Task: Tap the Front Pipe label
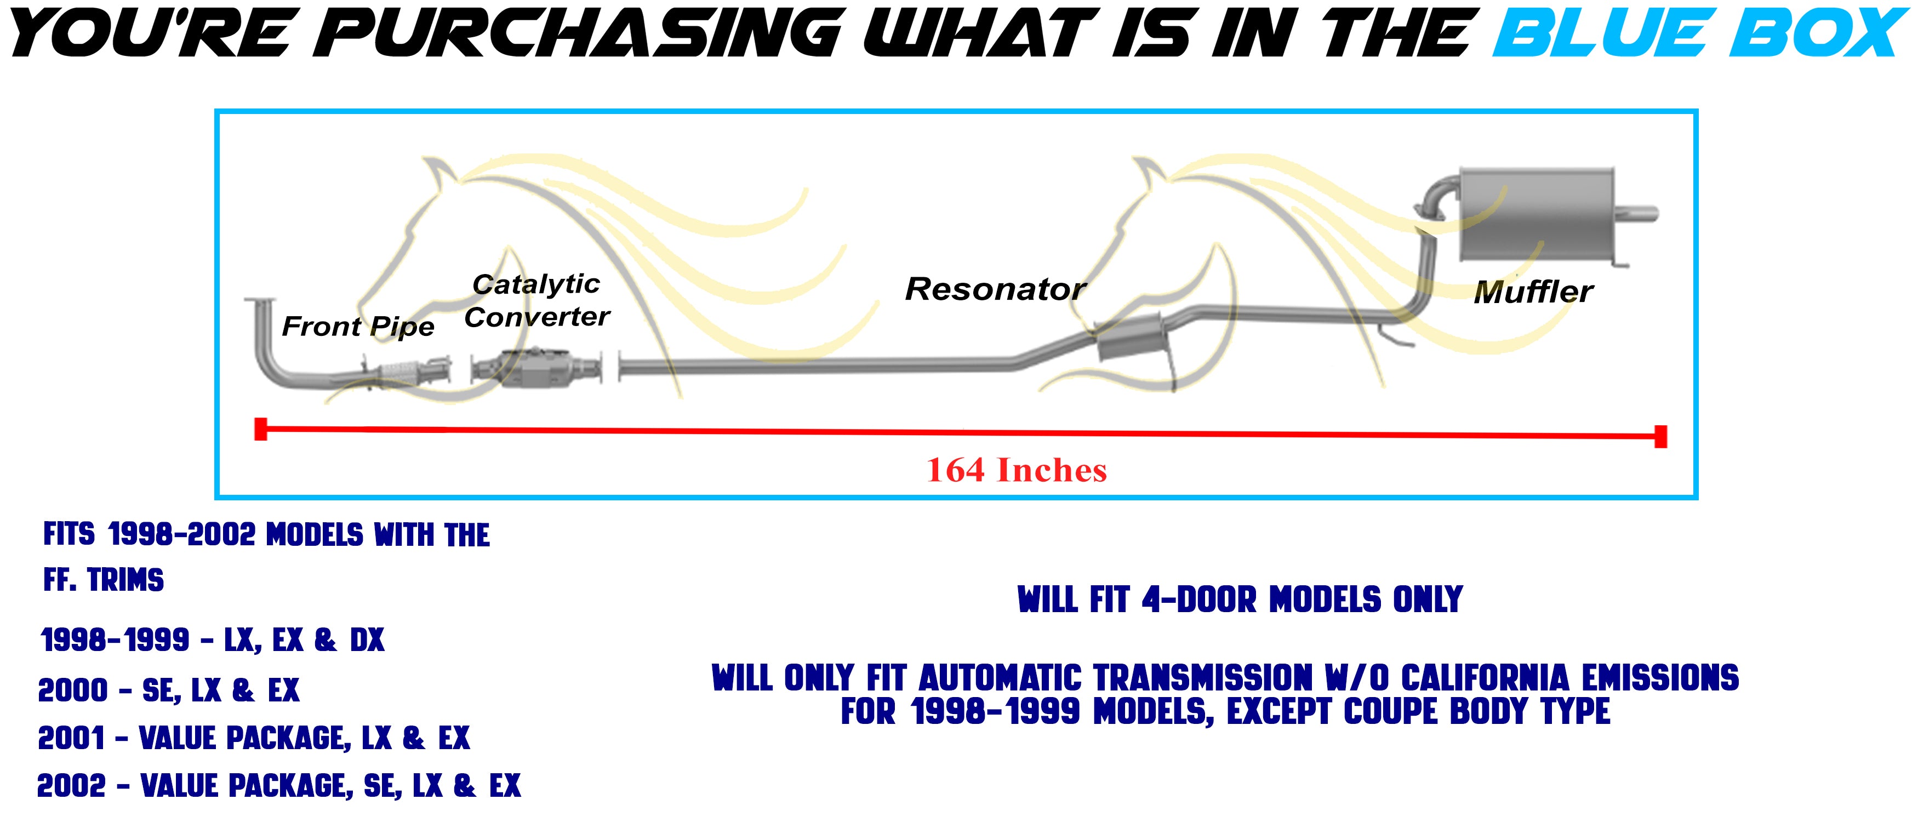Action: tap(358, 326)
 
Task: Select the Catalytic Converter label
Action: tap(537, 300)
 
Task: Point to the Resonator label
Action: tap(996, 289)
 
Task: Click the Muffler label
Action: tap(1534, 291)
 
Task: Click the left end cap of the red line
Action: tap(261, 429)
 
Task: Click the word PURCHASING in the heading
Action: tap(586, 34)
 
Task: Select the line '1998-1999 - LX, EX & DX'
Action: tap(213, 640)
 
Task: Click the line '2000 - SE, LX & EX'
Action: tap(169, 690)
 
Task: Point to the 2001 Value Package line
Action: tap(254, 738)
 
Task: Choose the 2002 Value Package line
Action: tap(279, 785)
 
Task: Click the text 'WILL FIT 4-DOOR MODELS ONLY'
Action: tap(1240, 600)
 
